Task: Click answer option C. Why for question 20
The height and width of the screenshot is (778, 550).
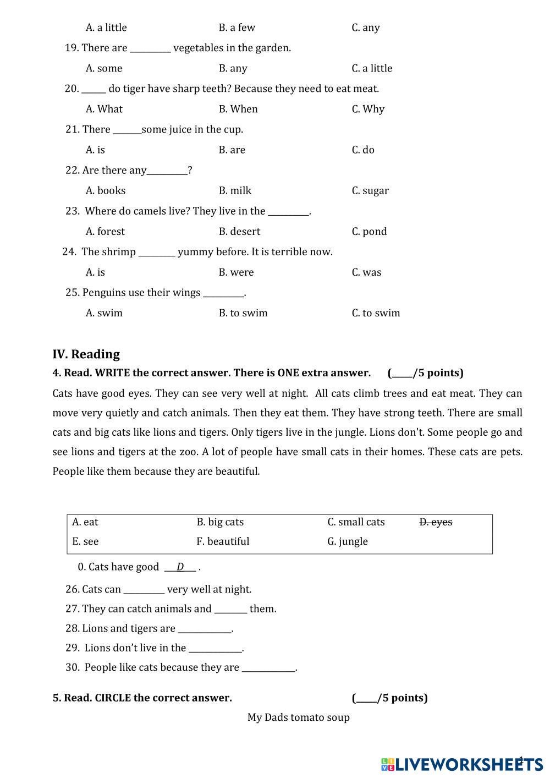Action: tap(368, 109)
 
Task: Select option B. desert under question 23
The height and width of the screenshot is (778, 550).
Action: tap(239, 231)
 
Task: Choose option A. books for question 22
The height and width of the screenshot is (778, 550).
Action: tap(106, 190)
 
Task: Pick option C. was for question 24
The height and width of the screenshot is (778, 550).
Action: tap(366, 272)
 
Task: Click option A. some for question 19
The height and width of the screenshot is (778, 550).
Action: tap(104, 68)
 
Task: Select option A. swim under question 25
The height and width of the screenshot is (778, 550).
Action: tap(104, 313)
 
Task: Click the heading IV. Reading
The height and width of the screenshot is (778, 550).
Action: tap(86, 354)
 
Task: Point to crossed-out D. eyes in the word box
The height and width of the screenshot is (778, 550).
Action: tap(436, 522)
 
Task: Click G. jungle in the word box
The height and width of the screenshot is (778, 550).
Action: tap(348, 541)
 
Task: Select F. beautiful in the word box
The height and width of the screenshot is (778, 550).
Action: tap(223, 541)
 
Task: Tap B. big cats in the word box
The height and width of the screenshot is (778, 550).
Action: tap(220, 522)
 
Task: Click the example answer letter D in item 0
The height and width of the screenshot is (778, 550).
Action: tap(180, 567)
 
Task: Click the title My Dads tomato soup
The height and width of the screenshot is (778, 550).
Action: tap(299, 717)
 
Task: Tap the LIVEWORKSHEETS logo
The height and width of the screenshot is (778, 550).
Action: tap(462, 764)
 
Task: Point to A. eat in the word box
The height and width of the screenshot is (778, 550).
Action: tap(85, 522)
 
